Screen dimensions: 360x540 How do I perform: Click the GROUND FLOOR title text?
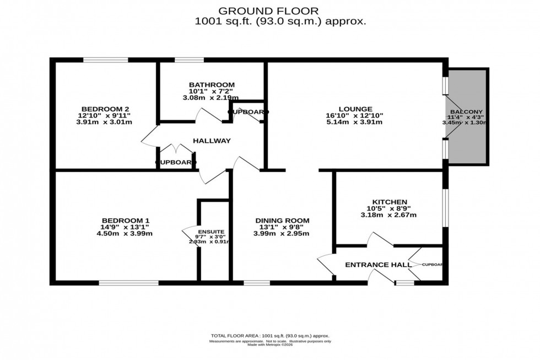click(x=268, y=10)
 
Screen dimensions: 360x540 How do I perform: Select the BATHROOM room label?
click(x=208, y=84)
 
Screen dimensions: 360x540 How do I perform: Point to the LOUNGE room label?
click(x=356, y=109)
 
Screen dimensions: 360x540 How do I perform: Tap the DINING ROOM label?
click(x=282, y=221)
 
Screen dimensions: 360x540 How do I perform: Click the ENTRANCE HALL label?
click(x=378, y=265)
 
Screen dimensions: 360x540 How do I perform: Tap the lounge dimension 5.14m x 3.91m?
click(x=356, y=122)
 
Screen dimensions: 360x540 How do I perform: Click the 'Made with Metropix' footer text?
click(x=269, y=346)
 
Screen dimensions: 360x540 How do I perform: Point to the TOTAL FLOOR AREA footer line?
click(x=269, y=336)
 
